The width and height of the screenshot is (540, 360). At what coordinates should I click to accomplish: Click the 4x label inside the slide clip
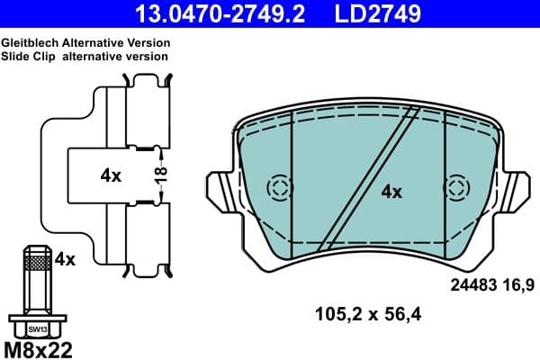click(x=111, y=176)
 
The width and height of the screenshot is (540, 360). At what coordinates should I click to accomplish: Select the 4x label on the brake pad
click(x=391, y=191)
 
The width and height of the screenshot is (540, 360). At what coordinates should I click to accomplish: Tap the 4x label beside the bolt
click(x=65, y=259)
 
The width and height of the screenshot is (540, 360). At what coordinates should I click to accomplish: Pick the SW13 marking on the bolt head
click(x=37, y=329)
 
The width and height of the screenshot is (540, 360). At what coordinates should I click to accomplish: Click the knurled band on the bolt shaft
click(x=37, y=262)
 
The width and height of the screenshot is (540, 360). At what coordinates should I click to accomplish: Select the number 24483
click(x=474, y=286)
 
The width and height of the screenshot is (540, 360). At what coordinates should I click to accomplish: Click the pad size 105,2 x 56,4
click(x=368, y=314)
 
